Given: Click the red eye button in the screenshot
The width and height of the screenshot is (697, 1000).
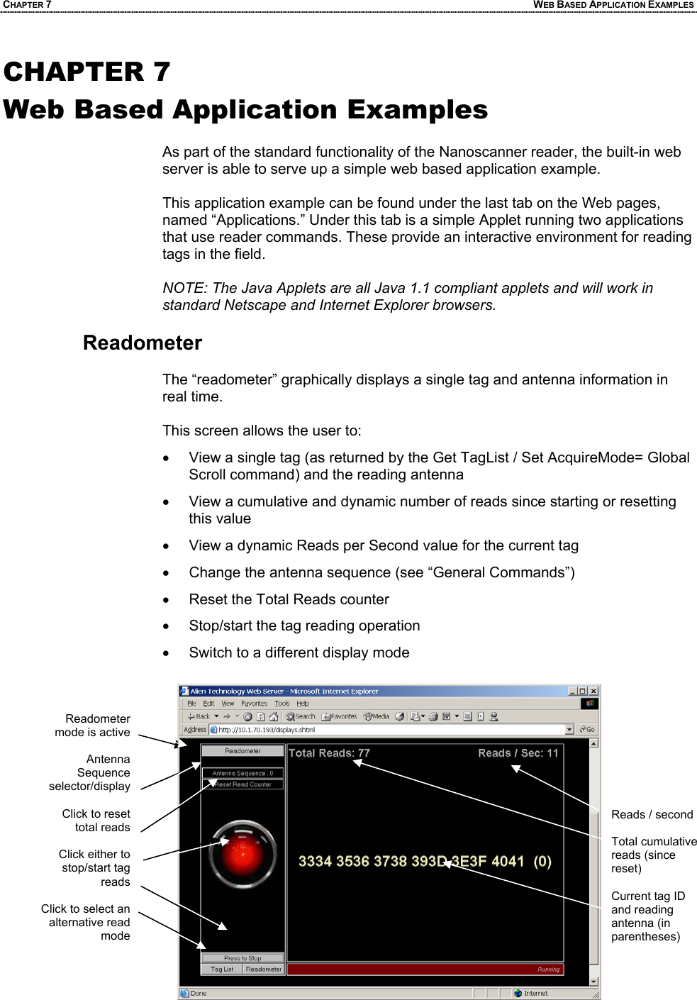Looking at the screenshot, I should tap(242, 854).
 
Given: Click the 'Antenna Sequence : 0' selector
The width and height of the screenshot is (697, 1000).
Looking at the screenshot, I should tap(242, 773).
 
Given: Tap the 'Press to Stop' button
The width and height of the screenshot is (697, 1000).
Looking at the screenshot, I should tap(242, 957).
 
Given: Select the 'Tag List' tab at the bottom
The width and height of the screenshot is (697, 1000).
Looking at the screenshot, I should tap(222, 969).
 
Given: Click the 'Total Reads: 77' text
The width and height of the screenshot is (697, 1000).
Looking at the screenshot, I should tap(329, 753).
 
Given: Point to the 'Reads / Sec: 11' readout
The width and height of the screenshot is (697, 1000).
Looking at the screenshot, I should tap(518, 753).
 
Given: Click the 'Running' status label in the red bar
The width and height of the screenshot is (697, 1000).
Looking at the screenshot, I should tap(548, 969).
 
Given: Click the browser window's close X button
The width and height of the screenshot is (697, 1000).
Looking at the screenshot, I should tap(594, 691).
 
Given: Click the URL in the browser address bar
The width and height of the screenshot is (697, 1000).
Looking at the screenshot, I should tap(267, 729).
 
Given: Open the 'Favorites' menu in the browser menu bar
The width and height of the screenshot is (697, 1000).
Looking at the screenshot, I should tap(254, 704).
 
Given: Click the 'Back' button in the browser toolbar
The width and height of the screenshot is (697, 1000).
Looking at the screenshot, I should tap(199, 716).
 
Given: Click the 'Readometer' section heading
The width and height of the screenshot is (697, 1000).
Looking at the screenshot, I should tap(143, 343).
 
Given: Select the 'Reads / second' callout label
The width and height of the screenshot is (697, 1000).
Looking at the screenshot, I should tap(652, 814).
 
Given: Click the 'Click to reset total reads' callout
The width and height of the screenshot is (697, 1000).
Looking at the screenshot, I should tap(96, 821).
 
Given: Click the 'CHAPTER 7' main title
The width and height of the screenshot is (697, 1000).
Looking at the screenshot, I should tap(87, 72).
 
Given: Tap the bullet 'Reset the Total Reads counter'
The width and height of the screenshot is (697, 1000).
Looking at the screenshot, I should tap(289, 599).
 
